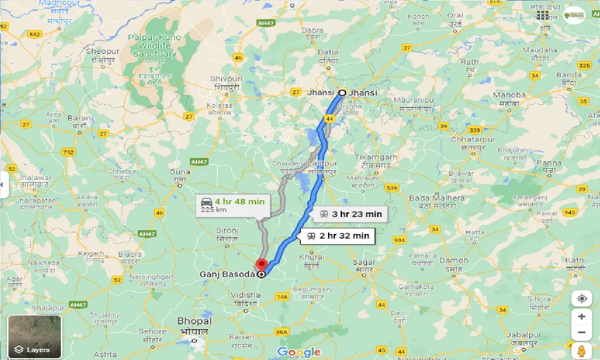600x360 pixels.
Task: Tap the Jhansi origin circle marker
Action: [x=343, y=93]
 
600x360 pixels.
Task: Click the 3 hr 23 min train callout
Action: [x=351, y=214]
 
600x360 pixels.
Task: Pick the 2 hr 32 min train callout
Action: [x=338, y=236]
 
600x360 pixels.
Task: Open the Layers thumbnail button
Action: [x=35, y=337]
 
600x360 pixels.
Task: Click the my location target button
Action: [x=582, y=299]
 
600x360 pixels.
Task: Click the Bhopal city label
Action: [x=195, y=322]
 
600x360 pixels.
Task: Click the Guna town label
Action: [x=180, y=172]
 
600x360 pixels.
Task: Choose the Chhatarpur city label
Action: [x=473, y=140]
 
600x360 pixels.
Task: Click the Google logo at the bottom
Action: [x=299, y=352]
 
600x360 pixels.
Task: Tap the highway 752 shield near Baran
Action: [x=69, y=152]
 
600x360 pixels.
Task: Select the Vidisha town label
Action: [x=245, y=295]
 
